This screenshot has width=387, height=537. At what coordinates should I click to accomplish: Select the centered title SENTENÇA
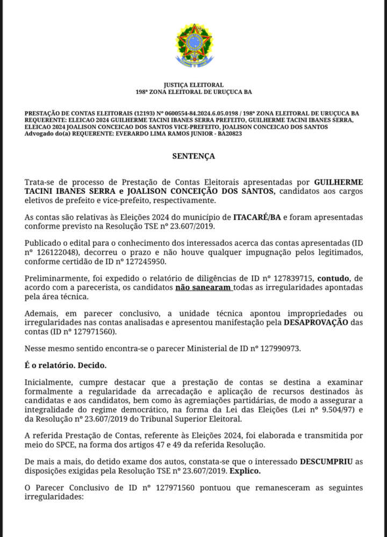[x=193, y=156]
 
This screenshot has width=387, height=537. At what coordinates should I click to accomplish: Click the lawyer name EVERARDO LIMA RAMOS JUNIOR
[x=162, y=133]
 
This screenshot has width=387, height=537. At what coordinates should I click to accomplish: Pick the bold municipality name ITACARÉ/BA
[x=256, y=217]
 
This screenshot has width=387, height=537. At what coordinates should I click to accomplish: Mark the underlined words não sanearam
[x=204, y=287]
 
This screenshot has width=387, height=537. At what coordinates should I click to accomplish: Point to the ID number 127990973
[x=275, y=348]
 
